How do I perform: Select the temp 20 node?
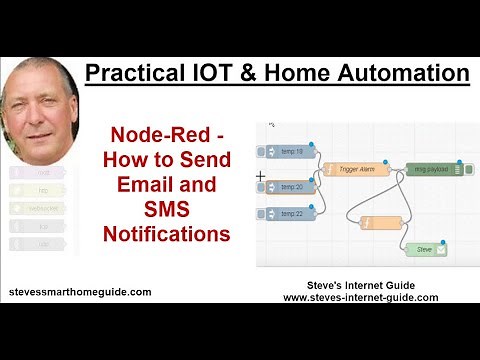pyautogui.click(x=289, y=186)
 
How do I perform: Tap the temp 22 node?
pyautogui.click(x=289, y=213)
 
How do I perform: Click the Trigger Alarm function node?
pyautogui.click(x=349, y=170)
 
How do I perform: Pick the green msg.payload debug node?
pyautogui.click(x=435, y=170)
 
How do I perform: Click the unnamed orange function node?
pyautogui.click(x=380, y=222)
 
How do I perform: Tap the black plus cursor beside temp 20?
pyautogui.click(x=261, y=177)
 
